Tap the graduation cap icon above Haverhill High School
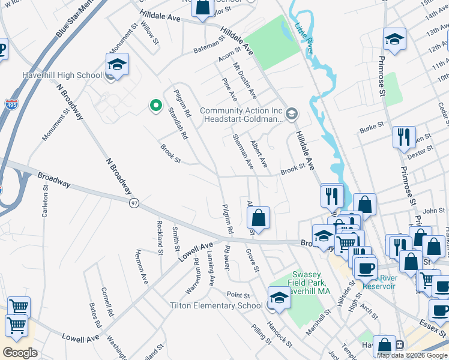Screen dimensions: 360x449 coord(117,65)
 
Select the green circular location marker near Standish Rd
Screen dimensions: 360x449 coord(155,106)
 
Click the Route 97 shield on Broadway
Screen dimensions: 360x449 coord(134,203)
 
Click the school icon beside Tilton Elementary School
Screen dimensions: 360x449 coord(279,298)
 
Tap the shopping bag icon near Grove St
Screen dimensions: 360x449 coord(258,218)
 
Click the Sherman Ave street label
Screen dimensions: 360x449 coord(243,151)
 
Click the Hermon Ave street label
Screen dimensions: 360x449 coord(142,266)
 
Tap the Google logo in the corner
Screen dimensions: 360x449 coord(20,353)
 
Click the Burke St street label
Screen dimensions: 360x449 coord(371,128)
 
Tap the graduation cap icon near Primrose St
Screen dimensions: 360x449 coord(394,40)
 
